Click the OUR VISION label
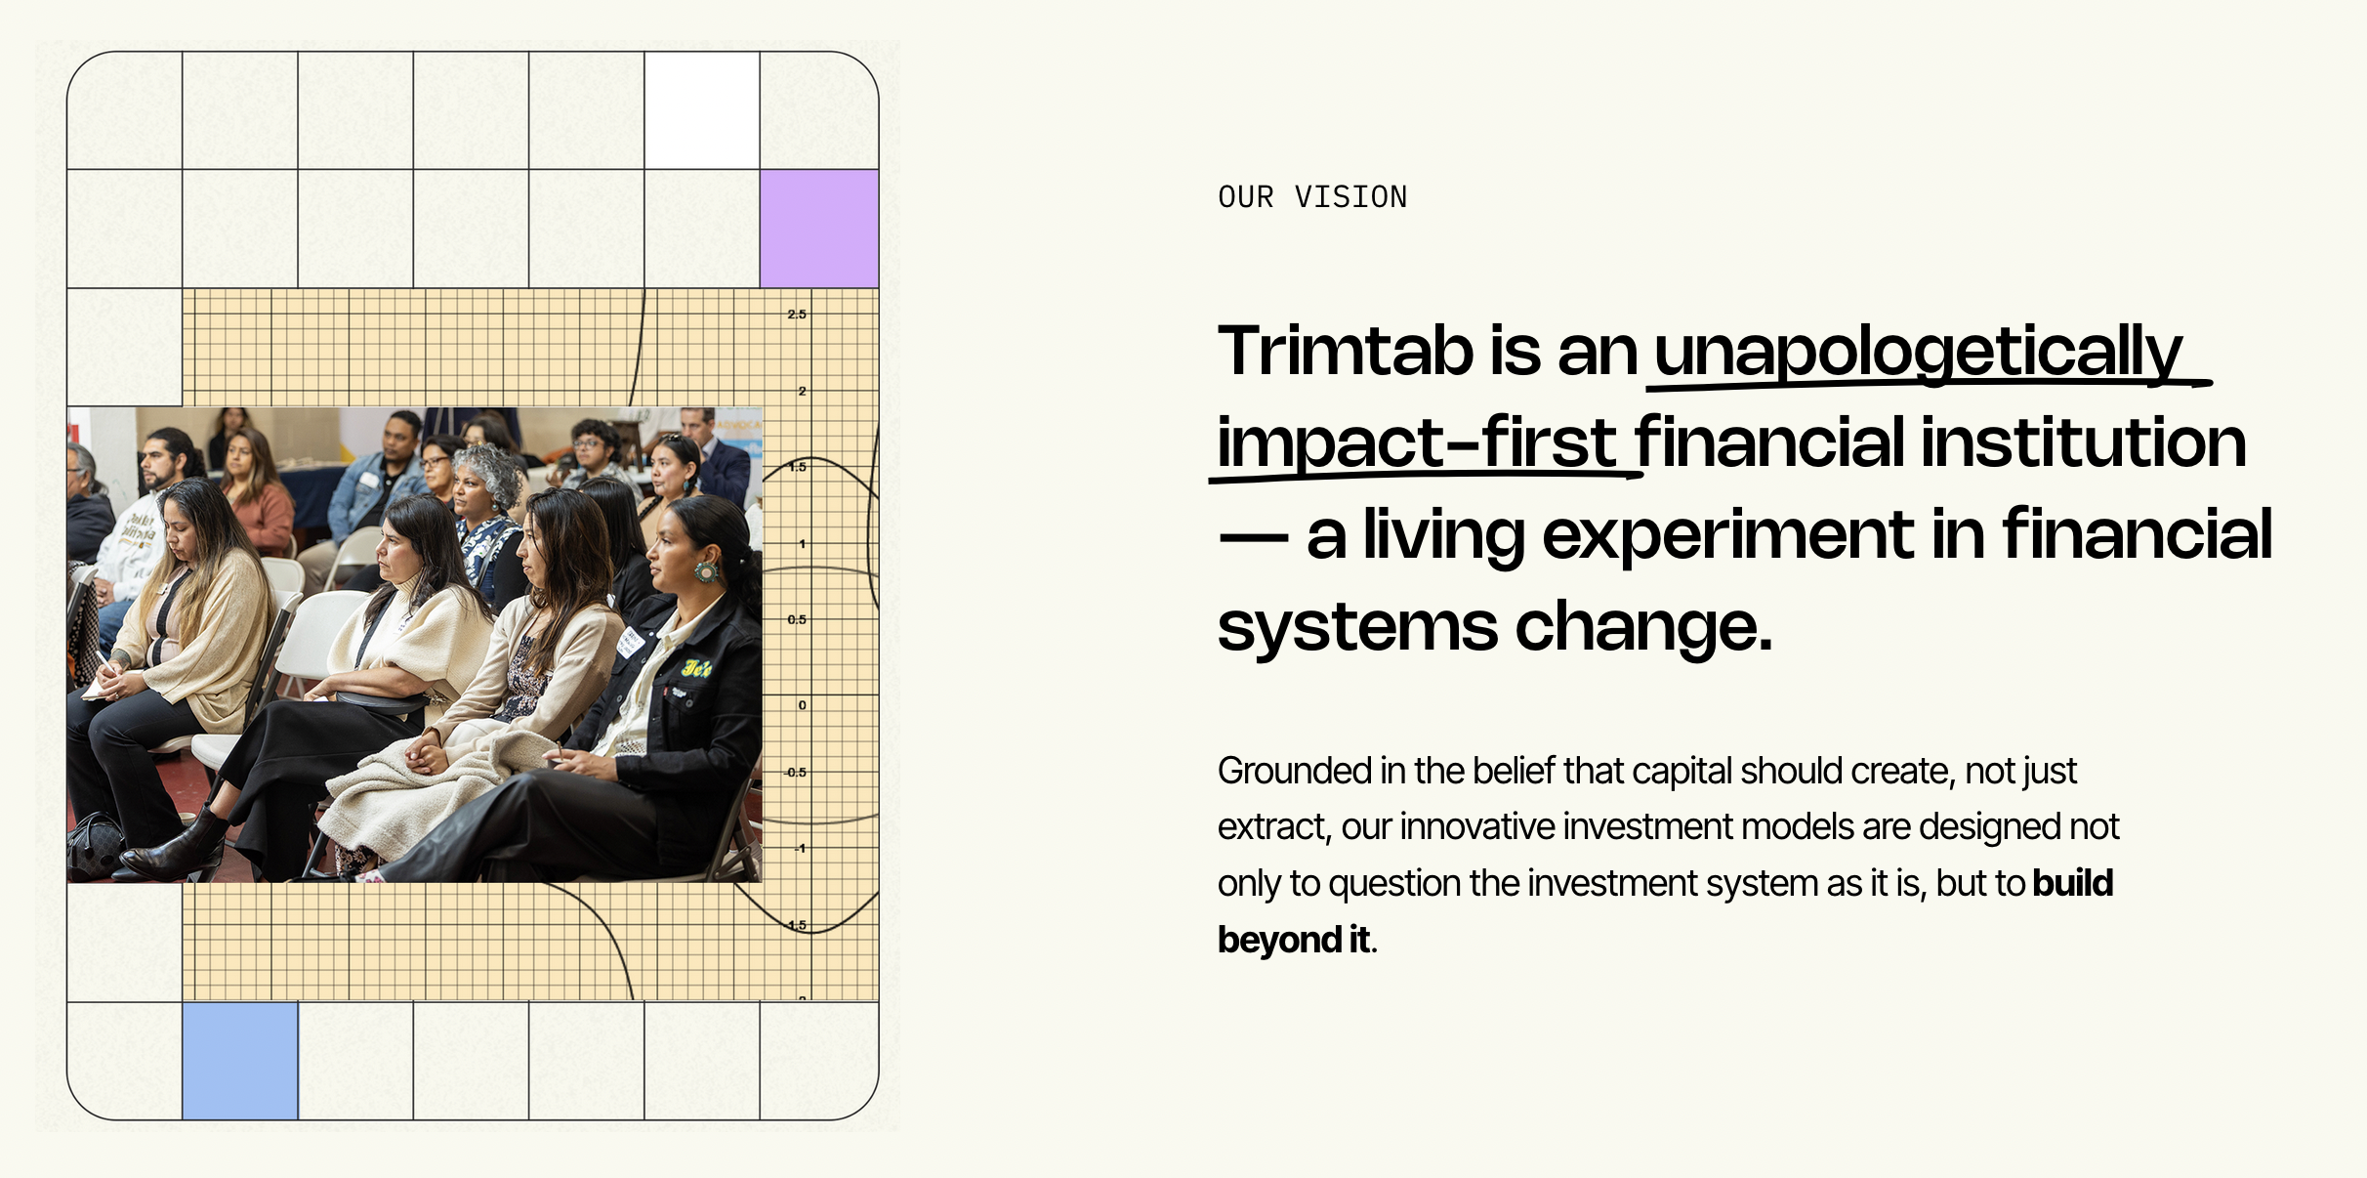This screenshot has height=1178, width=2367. coord(1312,197)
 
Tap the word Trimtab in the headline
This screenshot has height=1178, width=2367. coord(1346,351)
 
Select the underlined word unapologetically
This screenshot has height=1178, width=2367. coord(1918,355)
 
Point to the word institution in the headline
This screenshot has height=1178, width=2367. coord(2084,442)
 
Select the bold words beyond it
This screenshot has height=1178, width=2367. coord(1294,940)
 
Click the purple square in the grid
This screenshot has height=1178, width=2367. coord(819,229)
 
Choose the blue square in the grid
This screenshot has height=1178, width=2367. coord(240,1061)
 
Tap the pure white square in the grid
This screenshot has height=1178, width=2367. coord(702,110)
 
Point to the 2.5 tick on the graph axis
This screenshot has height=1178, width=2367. coord(797,315)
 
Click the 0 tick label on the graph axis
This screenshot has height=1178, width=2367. coord(803,705)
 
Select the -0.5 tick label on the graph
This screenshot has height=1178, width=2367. coord(796,773)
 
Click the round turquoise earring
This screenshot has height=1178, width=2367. coord(706,571)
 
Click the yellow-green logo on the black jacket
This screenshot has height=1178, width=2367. coord(697,669)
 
